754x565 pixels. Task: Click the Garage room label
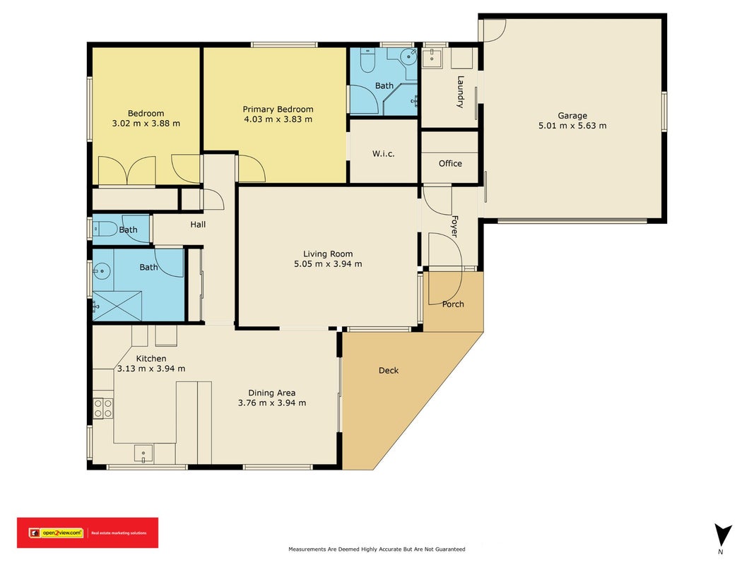(x=572, y=115)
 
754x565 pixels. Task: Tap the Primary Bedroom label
(x=278, y=109)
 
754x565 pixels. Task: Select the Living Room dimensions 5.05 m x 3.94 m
(x=328, y=263)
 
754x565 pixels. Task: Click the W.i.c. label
(x=383, y=154)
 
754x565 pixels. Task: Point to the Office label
(x=450, y=163)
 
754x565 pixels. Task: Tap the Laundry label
(x=460, y=92)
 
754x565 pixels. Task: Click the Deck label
(x=389, y=370)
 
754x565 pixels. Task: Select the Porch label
(x=453, y=304)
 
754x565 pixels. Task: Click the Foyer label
(x=454, y=226)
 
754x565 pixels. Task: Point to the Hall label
(x=198, y=225)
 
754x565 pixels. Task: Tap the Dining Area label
(x=271, y=393)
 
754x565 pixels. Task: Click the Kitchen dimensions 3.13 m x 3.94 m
(x=151, y=369)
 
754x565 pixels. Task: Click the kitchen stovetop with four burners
(x=103, y=408)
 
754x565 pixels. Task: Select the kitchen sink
(x=143, y=454)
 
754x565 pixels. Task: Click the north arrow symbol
(x=722, y=535)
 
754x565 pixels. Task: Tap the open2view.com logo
(x=56, y=533)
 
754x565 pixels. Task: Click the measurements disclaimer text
(x=377, y=549)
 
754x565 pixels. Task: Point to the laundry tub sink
(x=432, y=57)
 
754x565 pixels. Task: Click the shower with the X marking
(x=117, y=306)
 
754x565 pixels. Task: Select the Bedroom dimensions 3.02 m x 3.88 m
(x=146, y=124)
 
